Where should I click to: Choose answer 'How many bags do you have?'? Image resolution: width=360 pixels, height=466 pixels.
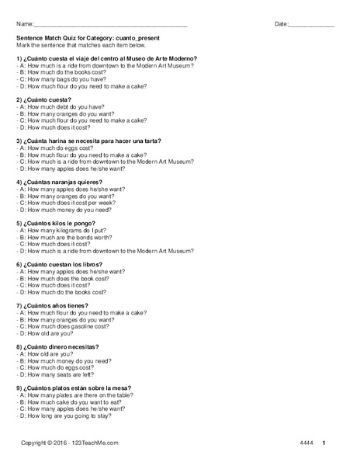(x=62, y=79)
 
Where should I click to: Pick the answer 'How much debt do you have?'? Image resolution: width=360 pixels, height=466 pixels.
(x=61, y=106)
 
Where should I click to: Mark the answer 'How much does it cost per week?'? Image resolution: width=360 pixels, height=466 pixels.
(x=69, y=202)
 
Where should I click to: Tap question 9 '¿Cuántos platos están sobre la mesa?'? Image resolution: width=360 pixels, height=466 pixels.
(x=74, y=388)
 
